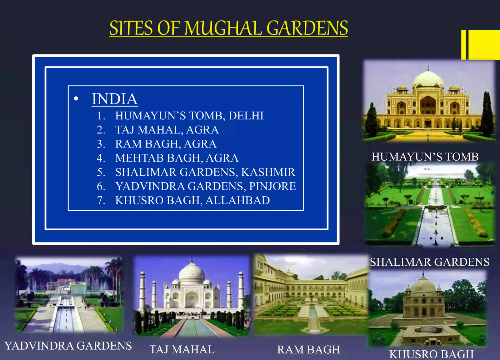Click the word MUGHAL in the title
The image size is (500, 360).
(223, 28)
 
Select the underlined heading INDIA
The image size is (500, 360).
(115, 99)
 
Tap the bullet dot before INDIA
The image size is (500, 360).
(76, 98)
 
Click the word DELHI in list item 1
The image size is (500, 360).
(246, 116)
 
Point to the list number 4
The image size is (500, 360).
(101, 158)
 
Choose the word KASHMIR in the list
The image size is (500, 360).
(268, 172)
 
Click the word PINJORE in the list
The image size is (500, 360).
(272, 186)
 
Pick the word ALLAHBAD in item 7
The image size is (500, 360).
(237, 200)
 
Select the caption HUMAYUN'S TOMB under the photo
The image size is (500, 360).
(425, 157)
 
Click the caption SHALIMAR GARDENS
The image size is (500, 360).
(430, 262)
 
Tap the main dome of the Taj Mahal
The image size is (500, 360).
(192, 273)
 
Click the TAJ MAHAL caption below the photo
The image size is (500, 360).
(182, 349)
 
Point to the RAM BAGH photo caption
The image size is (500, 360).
(308, 349)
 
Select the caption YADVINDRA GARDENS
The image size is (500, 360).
(68, 346)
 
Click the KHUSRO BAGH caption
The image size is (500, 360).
(431, 354)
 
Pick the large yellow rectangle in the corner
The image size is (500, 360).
(484, 45)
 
